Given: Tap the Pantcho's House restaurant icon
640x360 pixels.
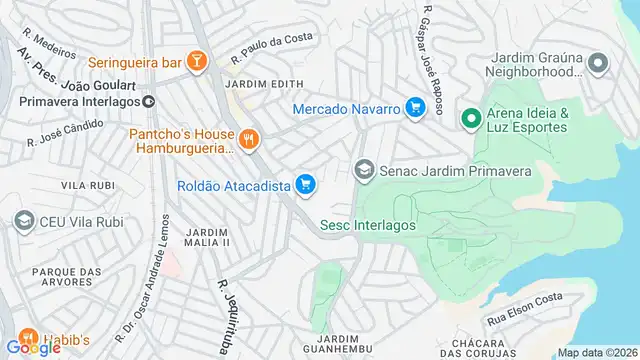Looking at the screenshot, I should pos(249,139).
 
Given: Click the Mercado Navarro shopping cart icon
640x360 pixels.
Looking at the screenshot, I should pos(415,108).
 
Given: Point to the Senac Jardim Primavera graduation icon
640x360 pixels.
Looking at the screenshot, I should pos(363,171).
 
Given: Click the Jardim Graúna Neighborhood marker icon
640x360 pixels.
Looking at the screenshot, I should pos(598,64).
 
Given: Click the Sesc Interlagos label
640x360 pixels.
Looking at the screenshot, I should pos(367,225).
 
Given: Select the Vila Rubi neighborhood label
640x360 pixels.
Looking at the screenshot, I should pos(87,186).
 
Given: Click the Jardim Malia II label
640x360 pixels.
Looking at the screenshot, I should pos(208,237).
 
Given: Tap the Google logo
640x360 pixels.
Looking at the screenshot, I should pos(34,347).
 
